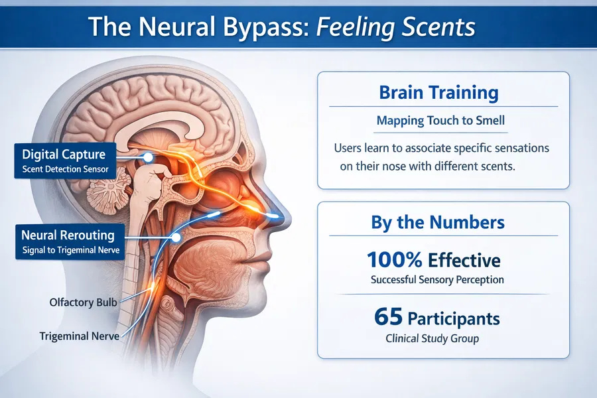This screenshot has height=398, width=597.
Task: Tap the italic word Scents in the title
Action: tap(437, 27)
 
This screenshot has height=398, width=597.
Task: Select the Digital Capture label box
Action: tap(65, 161)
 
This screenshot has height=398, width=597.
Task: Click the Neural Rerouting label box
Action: tap(70, 241)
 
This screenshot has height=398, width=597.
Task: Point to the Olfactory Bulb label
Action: tap(83, 302)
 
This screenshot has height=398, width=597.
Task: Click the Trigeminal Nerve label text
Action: tap(80, 336)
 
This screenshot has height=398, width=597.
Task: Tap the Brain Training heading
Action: tap(438, 93)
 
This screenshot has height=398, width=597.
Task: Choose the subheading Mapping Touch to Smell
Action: tap(440, 121)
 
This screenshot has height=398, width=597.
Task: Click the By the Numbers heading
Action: tap(438, 222)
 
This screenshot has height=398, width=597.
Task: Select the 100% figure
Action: tap(395, 260)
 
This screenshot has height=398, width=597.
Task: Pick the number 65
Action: tap(388, 317)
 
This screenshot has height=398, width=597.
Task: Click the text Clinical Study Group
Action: tap(432, 338)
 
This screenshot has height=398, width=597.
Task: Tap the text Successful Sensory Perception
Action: tap(437, 279)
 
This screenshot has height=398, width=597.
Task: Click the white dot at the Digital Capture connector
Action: tap(148, 157)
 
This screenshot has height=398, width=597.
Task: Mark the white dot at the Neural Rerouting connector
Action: tap(176, 237)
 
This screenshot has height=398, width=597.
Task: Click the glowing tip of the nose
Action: tap(273, 216)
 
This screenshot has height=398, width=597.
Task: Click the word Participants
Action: tap(454, 319)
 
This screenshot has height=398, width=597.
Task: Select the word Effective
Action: tap(464, 260)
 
